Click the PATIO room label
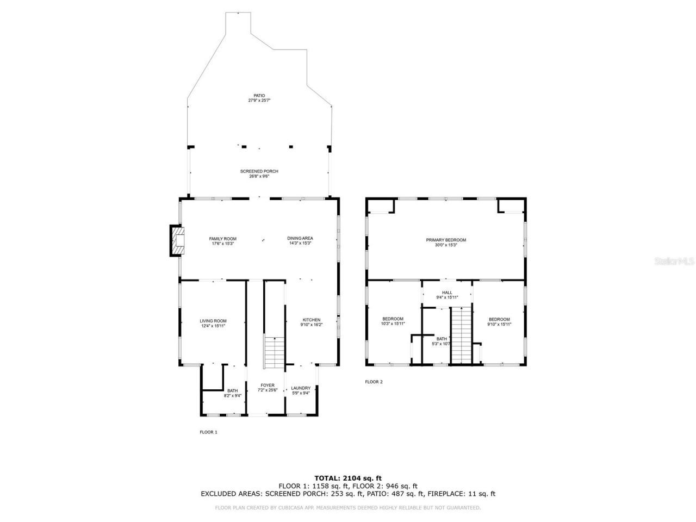click(x=259, y=98)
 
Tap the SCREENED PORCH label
click(x=259, y=173)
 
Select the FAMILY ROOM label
click(x=223, y=241)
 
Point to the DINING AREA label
click(x=300, y=241)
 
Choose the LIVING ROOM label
click(x=213, y=323)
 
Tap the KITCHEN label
click(x=312, y=322)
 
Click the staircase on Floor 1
click(x=274, y=352)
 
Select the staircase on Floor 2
click(x=461, y=334)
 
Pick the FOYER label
click(x=267, y=387)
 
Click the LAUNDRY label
click(x=301, y=390)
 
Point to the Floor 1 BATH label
click(x=233, y=393)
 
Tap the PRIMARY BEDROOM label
click(x=446, y=242)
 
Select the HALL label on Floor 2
click(x=447, y=295)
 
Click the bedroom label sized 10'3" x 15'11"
click(x=393, y=321)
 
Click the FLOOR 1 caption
click(x=208, y=432)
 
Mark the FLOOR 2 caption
click(x=374, y=382)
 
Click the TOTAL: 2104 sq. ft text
click(x=348, y=478)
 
